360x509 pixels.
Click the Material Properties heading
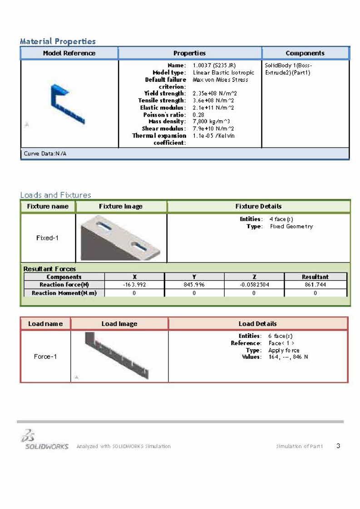[58, 41]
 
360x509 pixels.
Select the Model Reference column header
[69, 53]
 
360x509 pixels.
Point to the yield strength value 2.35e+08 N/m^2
[215, 94]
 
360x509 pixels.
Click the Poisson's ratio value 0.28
[199, 115]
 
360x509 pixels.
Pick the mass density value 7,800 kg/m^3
[211, 122]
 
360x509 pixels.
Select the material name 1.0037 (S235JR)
[214, 65]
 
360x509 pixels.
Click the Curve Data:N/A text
[45, 153]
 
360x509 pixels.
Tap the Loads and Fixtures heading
[55, 195]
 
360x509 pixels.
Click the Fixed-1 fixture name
[47, 238]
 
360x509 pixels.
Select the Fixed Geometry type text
[291, 226]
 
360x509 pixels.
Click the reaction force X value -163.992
[134, 285]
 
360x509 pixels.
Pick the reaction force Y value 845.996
[194, 285]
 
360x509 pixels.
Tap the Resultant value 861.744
[315, 285]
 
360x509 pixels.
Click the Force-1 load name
[45, 356]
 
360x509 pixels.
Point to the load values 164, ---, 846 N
[288, 357]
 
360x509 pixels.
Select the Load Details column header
[257, 324]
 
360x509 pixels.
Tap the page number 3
[338, 446]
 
